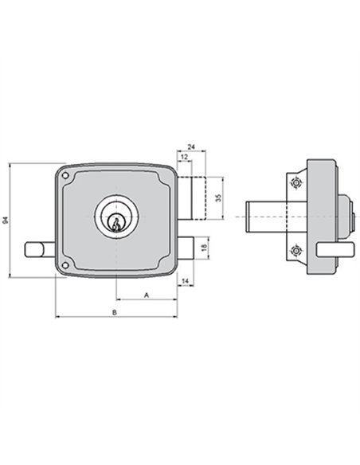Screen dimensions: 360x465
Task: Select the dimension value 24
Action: [191, 147]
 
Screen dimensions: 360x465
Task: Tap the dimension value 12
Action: [185, 157]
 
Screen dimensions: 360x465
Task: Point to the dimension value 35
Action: [218, 197]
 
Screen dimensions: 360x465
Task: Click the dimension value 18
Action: [204, 248]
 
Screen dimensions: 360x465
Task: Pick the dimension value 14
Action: [185, 281]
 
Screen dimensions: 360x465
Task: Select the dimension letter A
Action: [147, 295]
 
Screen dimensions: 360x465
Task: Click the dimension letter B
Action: [115, 312]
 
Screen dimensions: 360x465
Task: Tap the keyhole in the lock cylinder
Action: [116, 223]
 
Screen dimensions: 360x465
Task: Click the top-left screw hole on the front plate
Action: [65, 176]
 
